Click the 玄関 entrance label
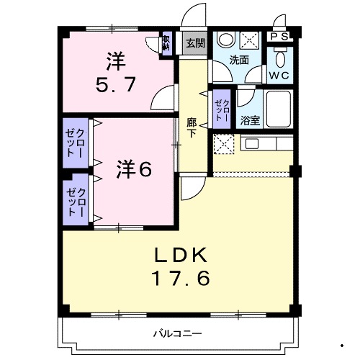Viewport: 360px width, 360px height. point(194,42)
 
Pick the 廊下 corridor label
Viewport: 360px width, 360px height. point(192,127)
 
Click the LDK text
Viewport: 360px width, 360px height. point(181,254)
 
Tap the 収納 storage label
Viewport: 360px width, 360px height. point(166,45)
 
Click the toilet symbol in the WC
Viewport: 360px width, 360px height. point(281,55)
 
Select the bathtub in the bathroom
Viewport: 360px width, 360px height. point(278,109)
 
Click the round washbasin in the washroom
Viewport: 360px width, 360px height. point(225,40)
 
